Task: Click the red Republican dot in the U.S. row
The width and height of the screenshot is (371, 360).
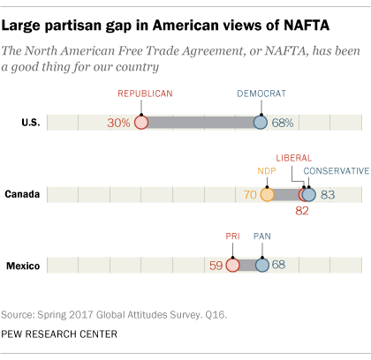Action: point(141,123)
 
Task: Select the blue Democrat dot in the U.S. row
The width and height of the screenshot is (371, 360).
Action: point(261,123)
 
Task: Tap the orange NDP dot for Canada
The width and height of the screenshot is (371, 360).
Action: point(267,194)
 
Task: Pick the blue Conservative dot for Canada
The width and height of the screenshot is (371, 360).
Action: point(309,194)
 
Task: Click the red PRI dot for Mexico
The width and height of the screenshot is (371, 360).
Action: point(232,265)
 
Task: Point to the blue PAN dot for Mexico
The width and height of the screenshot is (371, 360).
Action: point(262,265)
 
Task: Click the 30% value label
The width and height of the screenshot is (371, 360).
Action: point(118,123)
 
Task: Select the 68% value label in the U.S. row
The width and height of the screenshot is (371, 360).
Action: point(283,123)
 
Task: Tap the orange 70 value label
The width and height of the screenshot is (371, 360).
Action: point(250,195)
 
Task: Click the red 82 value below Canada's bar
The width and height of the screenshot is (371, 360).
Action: point(302,211)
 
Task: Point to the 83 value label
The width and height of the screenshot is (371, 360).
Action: point(328,195)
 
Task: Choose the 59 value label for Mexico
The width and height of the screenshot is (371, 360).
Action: point(216,266)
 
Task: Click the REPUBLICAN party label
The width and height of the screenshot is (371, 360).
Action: point(145,94)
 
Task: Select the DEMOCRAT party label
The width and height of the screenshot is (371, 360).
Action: point(261,94)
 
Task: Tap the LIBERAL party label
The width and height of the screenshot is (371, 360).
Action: point(294,158)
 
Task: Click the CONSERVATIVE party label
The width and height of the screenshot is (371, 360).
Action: point(337,171)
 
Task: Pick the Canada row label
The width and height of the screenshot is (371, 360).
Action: point(22,194)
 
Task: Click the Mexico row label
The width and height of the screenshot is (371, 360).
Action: point(23,266)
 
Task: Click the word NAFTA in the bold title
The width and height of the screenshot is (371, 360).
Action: point(307,26)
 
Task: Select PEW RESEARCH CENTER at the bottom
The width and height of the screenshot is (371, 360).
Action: point(59,334)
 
